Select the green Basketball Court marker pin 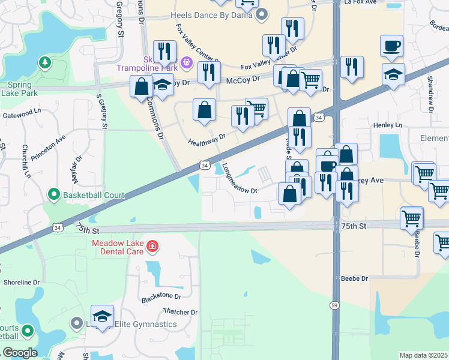(x=53, y=194)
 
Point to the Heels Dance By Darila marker (x=261, y=14)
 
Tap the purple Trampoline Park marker (x=186, y=61)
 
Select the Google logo (x=19, y=353)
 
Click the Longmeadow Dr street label (x=239, y=178)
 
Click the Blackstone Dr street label (x=161, y=296)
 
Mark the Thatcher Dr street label (x=180, y=312)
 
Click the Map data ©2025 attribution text (x=424, y=355)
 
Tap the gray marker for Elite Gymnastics (x=76, y=324)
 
